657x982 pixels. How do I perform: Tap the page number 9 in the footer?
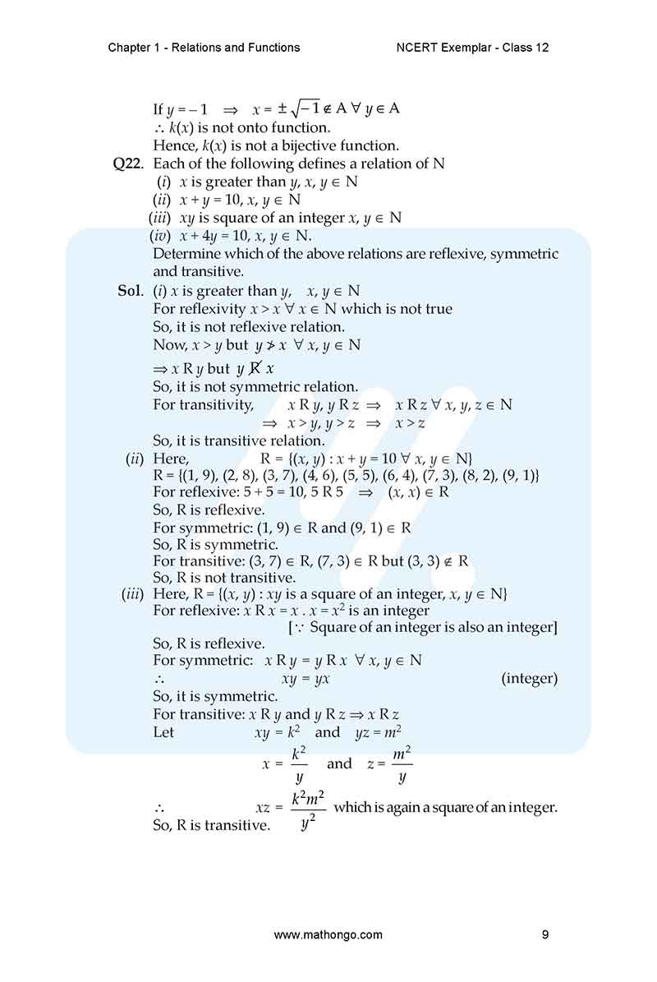545,934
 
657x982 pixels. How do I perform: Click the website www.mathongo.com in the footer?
328,934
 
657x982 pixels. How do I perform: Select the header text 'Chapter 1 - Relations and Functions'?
204,48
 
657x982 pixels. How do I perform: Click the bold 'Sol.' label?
131,291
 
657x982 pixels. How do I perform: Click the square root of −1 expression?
299,109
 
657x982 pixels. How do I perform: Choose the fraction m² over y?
402,764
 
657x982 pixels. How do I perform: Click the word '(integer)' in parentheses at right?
529,679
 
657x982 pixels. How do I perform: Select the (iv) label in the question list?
160,236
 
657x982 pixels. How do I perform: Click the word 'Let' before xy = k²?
163,732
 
